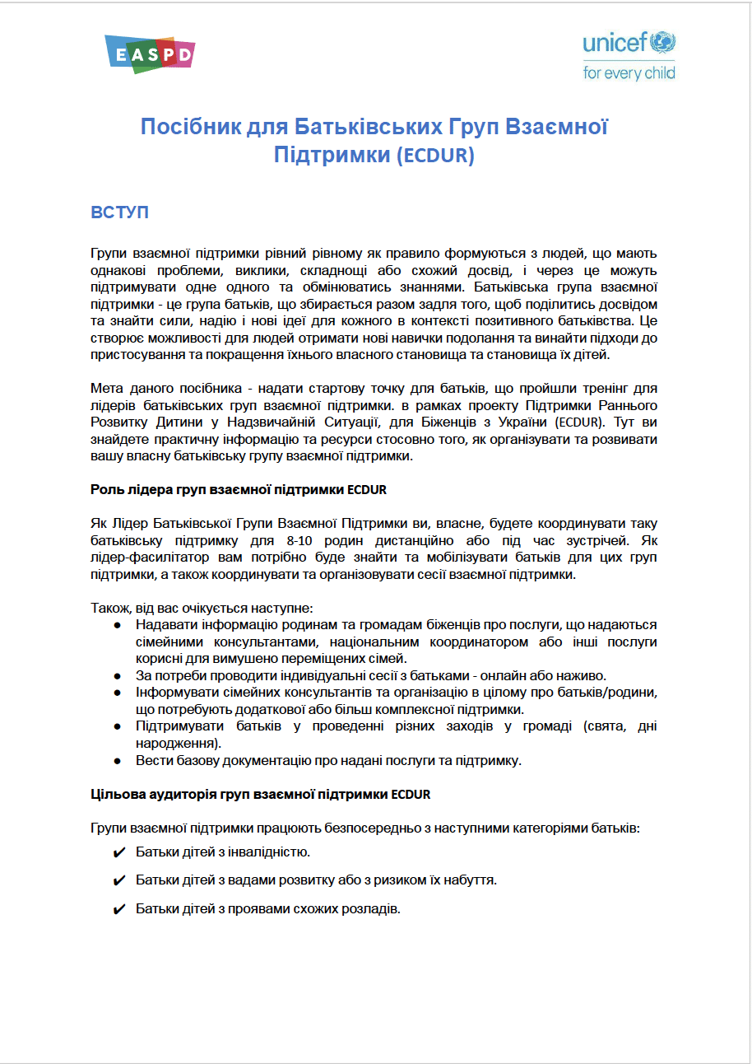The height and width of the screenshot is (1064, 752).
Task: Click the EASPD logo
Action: tap(150, 54)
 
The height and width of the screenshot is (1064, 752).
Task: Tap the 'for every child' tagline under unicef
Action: tap(629, 72)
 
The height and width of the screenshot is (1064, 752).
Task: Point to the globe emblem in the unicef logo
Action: tap(663, 41)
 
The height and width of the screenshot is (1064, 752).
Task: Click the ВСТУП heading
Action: tap(119, 212)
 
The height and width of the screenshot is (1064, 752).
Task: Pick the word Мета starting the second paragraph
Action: tap(106, 388)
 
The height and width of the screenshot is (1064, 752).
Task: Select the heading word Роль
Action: tap(106, 489)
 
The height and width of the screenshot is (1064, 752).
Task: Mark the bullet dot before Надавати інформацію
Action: tap(118, 625)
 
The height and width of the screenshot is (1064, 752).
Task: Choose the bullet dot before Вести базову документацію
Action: tap(118, 760)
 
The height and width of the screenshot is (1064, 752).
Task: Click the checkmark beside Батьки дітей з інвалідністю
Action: tap(118, 852)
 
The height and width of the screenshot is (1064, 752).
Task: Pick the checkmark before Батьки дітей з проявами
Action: tap(118, 909)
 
